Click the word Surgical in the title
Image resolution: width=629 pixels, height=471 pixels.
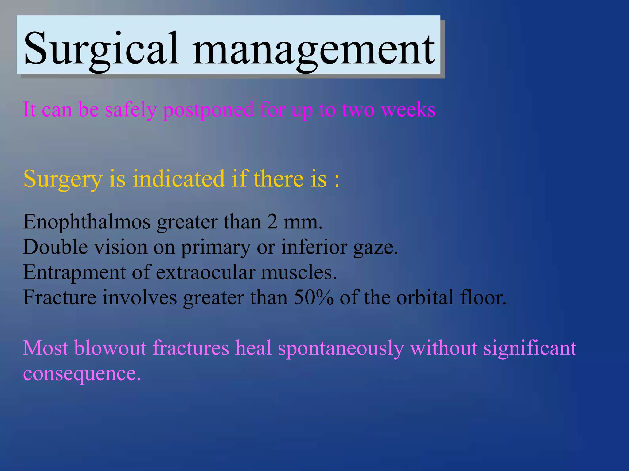101,49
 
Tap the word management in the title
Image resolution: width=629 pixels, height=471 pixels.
313,49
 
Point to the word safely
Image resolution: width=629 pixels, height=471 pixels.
131,110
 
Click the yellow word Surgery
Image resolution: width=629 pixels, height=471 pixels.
63,179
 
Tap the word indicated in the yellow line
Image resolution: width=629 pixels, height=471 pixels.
178,179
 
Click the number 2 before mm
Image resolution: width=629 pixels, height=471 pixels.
272,222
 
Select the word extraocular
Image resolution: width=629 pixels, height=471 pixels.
205,272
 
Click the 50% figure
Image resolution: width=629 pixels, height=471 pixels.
313,297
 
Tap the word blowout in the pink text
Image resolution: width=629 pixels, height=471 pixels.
110,348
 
